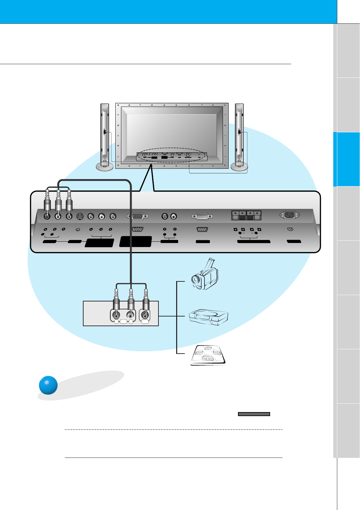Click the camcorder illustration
(x=204, y=276)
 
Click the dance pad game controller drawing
(x=208, y=356)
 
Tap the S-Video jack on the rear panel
(x=80, y=216)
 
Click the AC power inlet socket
(x=289, y=215)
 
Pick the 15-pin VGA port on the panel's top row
(x=137, y=216)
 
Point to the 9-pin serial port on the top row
(x=202, y=217)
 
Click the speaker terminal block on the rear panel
(x=246, y=215)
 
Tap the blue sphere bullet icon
(x=48, y=385)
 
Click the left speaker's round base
(x=105, y=166)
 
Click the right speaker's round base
(x=239, y=166)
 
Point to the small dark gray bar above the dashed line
(x=254, y=414)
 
